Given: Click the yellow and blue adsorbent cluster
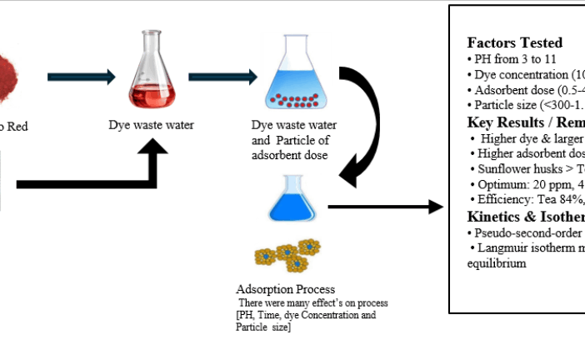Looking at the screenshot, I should click(287, 253).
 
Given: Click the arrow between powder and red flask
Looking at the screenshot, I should click(81, 77).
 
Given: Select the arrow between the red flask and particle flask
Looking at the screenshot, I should click(222, 77).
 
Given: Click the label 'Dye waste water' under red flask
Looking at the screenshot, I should click(151, 126).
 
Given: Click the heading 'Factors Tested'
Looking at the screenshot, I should click(514, 42).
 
